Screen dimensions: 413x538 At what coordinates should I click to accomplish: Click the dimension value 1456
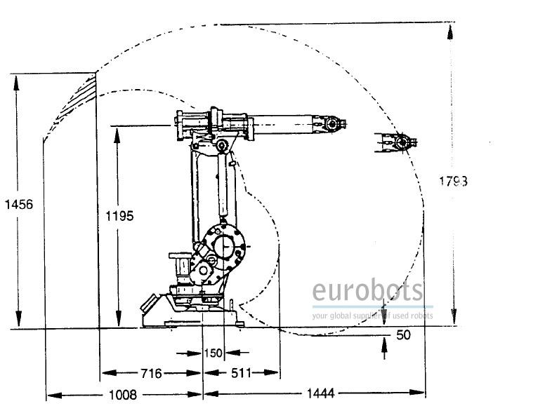pyautogui.click(x=18, y=204)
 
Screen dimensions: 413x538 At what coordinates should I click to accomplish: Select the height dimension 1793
pyautogui.click(x=454, y=181)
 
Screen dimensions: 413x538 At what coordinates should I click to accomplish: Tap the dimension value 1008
pyautogui.click(x=122, y=395)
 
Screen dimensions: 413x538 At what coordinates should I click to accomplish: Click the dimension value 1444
pyautogui.click(x=320, y=395)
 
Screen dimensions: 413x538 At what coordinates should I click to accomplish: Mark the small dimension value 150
pyautogui.click(x=213, y=353)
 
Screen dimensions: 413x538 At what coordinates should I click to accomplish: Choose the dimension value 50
pyautogui.click(x=403, y=335)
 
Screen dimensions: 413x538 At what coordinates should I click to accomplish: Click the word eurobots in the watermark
pyautogui.click(x=368, y=291)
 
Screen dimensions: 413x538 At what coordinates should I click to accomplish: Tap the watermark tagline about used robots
pyautogui.click(x=372, y=316)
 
